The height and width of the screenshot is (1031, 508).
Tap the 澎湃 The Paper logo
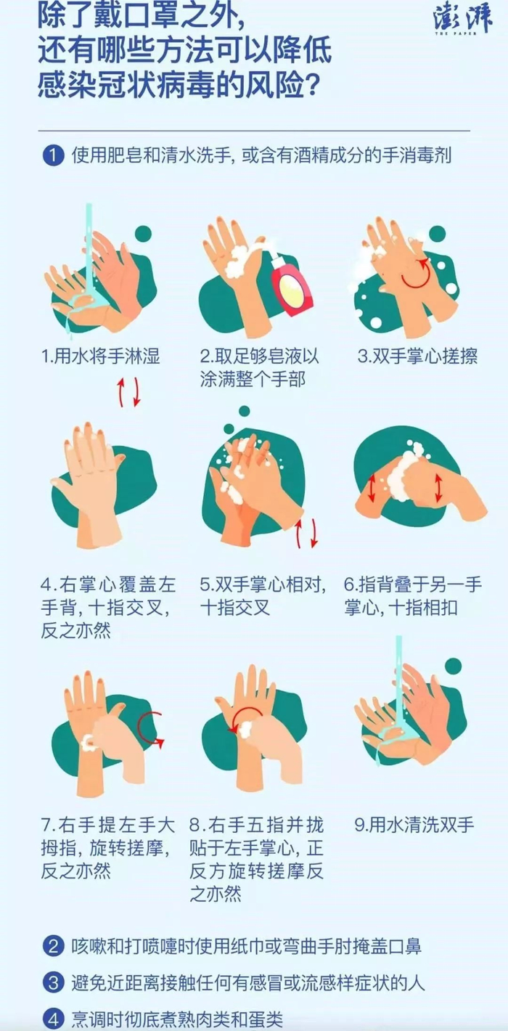click(x=462, y=20)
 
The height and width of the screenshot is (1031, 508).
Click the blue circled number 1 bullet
click(x=53, y=155)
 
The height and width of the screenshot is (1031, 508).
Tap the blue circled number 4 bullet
click(x=53, y=1019)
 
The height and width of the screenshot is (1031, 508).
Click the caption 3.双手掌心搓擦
click(x=417, y=356)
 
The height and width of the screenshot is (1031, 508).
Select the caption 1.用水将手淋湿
click(x=100, y=356)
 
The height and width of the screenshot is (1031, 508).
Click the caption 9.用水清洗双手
click(x=414, y=824)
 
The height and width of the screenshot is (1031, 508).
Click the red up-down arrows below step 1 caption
click(x=128, y=393)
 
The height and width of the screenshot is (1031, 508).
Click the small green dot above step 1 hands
click(x=143, y=233)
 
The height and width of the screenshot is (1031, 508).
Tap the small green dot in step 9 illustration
click(x=454, y=666)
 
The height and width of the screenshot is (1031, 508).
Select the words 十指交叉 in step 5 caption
click(x=235, y=608)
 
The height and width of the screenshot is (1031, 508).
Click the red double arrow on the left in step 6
click(x=372, y=489)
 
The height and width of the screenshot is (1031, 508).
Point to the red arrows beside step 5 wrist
click(x=306, y=533)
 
